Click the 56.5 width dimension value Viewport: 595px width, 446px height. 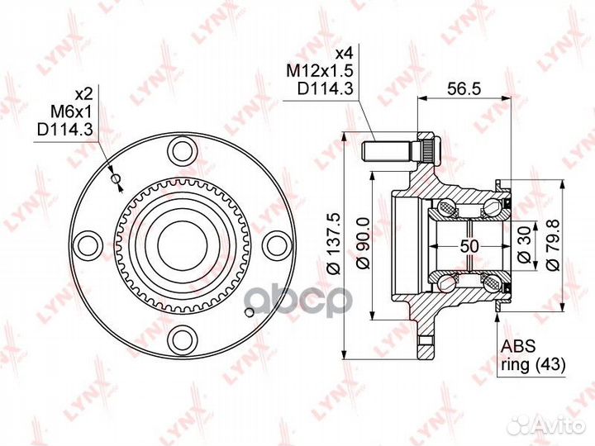tap(464, 88)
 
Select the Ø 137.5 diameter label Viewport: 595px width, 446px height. tap(335, 245)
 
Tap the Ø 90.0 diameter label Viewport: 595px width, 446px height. tap(364, 244)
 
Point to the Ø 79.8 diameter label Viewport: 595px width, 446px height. tap(554, 244)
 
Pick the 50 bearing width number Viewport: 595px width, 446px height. tap(469, 246)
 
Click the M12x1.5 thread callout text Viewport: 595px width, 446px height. tap(320, 70)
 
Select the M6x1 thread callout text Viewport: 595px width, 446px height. tap(72, 111)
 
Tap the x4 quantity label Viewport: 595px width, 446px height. tap(345, 54)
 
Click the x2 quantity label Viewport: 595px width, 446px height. tap(84, 93)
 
